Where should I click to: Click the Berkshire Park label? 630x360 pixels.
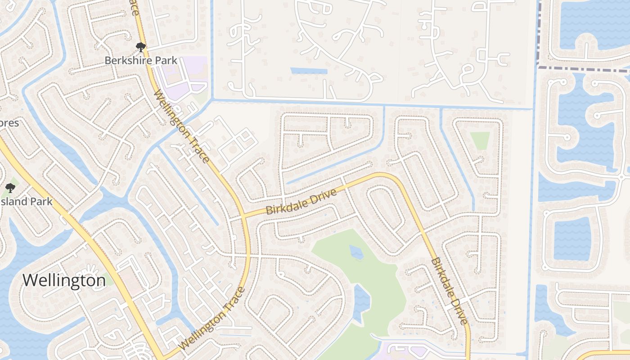[x=140, y=60]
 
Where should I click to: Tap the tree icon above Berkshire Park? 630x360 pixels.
[x=140, y=47]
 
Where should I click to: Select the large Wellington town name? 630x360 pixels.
[x=64, y=280]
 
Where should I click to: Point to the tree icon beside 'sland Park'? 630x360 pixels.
[x=10, y=188]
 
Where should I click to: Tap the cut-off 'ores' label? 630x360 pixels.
[x=9, y=122]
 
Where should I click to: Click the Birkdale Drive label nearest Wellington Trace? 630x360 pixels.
[x=301, y=203]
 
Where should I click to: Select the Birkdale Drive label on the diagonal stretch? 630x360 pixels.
[x=448, y=290]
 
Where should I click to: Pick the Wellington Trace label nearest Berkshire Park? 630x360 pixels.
[x=182, y=126]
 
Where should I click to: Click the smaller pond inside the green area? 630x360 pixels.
[x=356, y=252]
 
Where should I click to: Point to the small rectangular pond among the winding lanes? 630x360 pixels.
[x=309, y=71]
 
